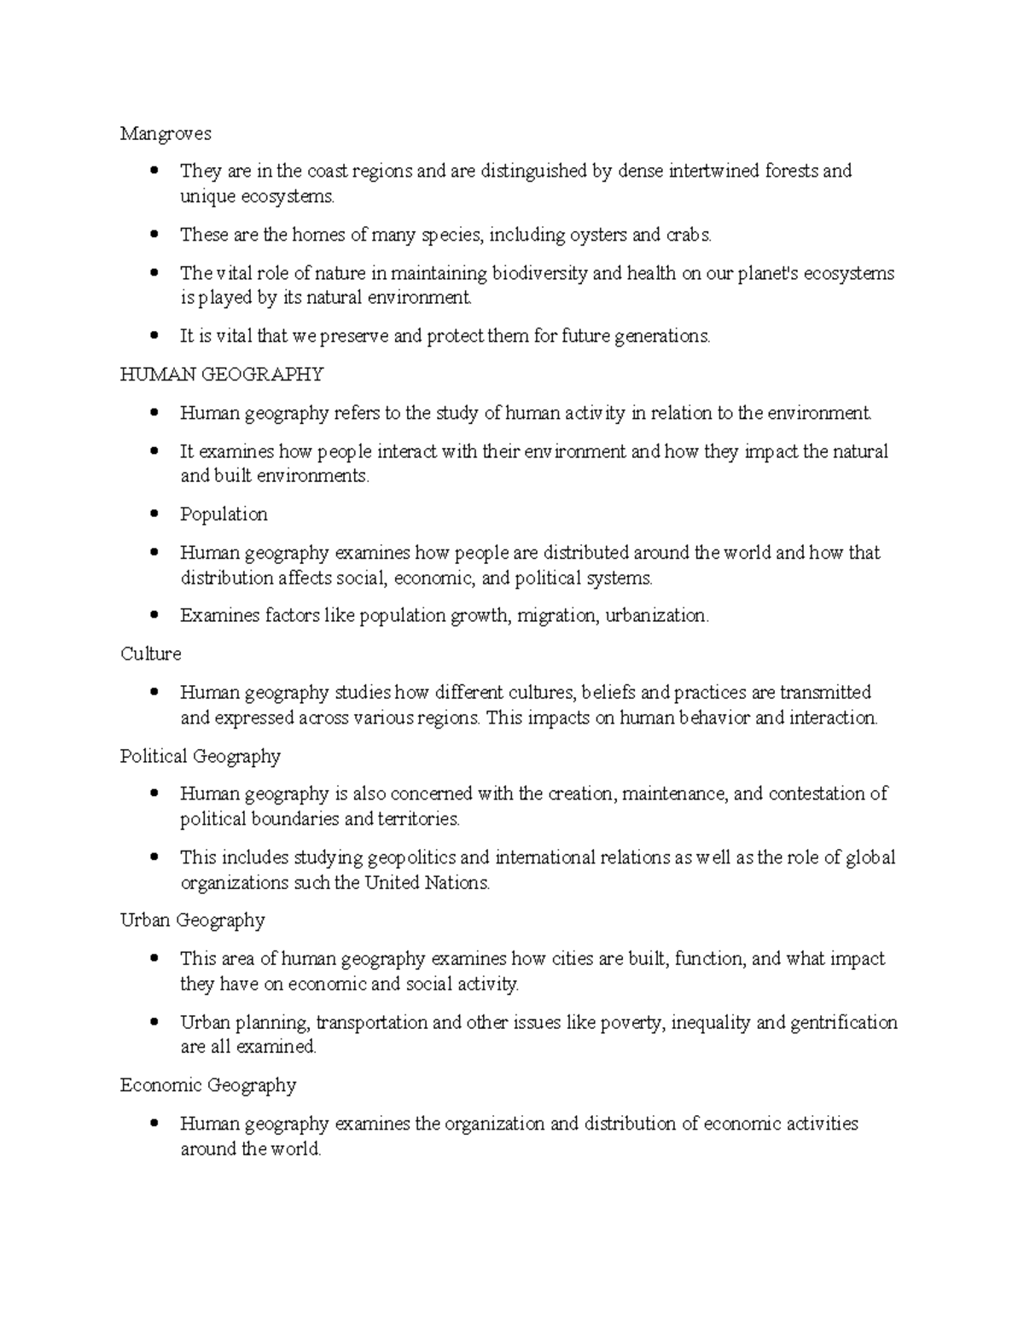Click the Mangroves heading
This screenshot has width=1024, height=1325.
166,134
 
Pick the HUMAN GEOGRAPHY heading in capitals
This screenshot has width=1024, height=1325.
222,374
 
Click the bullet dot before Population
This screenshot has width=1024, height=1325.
154,514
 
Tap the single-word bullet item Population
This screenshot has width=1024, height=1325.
224,514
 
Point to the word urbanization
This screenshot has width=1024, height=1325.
656,616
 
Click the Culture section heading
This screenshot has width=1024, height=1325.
151,654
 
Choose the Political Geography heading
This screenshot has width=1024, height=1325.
201,756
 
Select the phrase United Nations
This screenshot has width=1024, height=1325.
427,883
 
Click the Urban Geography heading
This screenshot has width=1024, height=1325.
193,921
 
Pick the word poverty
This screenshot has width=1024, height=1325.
632,1022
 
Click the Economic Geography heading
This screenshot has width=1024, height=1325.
208,1085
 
